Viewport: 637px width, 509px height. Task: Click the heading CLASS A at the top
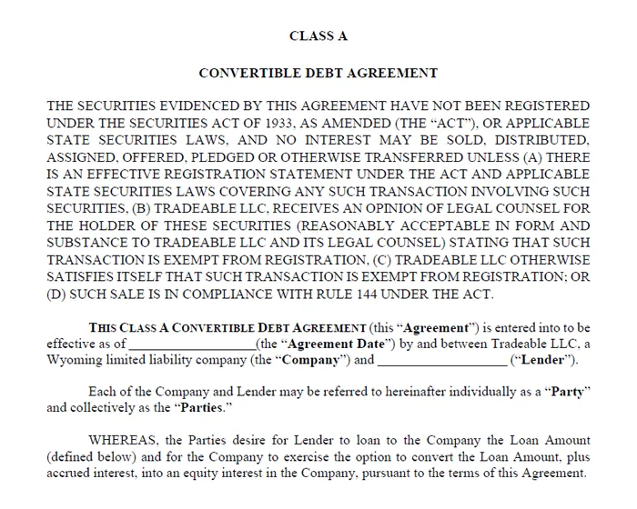[318, 36]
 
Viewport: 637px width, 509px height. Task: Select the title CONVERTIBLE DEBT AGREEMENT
[318, 73]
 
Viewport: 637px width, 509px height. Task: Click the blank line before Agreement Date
[192, 344]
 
